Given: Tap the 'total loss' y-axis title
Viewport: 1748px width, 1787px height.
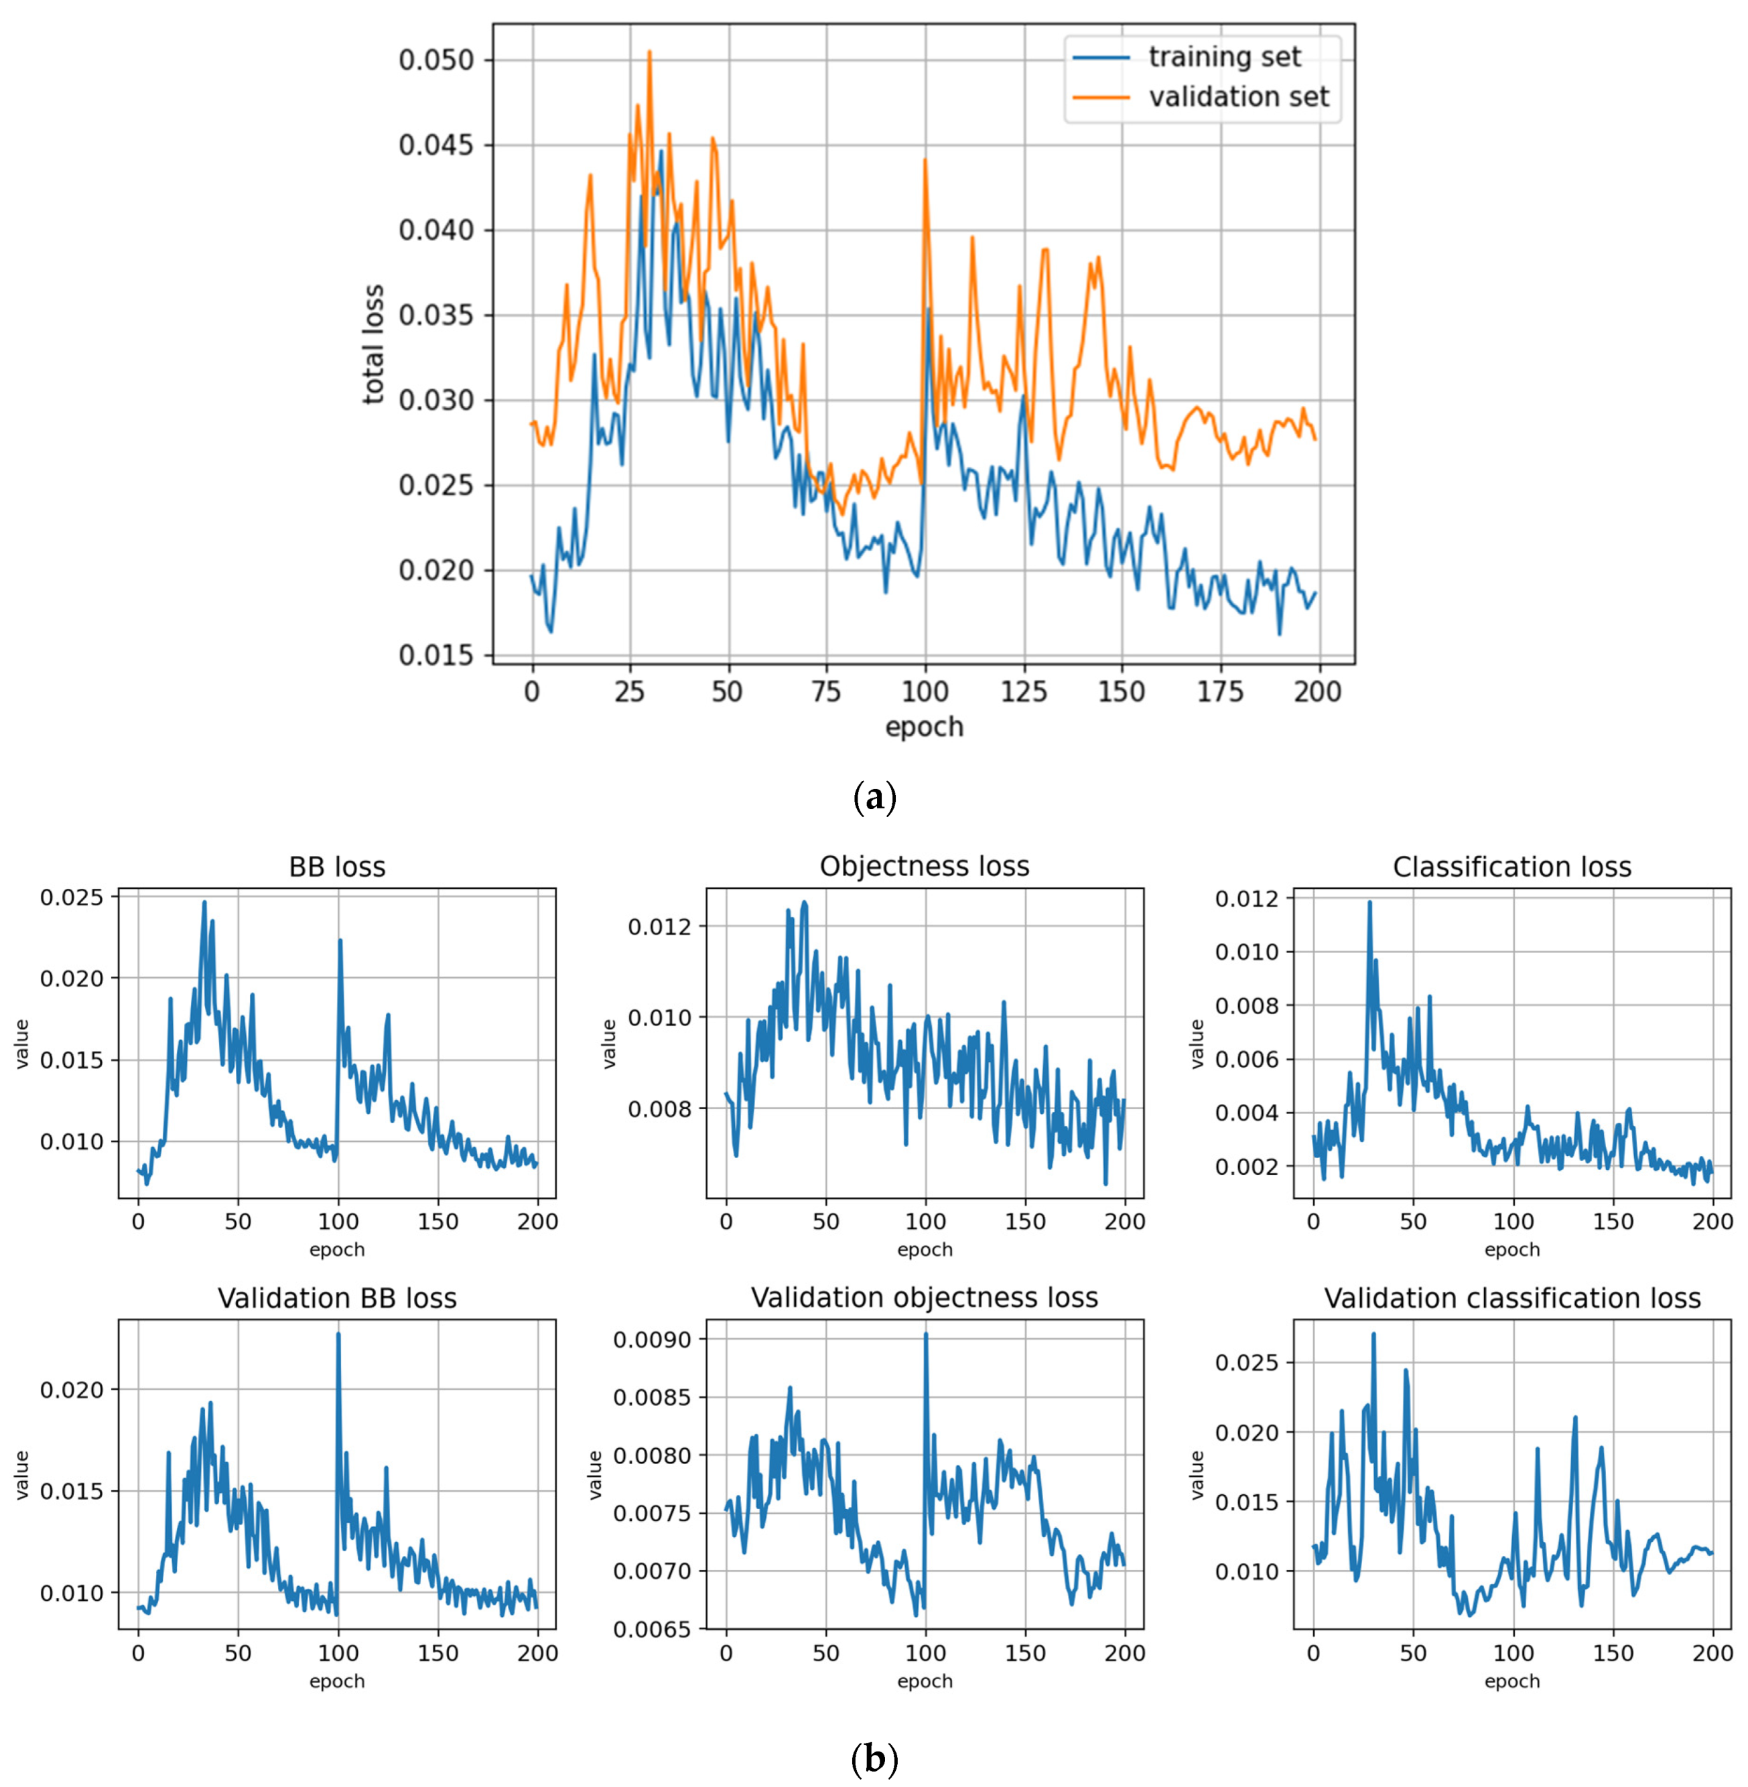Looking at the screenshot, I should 374,344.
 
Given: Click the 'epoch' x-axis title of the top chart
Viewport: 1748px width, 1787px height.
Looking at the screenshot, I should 923,726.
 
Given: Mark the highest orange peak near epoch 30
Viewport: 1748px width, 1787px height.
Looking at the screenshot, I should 649,52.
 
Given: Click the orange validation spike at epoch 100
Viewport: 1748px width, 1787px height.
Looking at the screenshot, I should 925,159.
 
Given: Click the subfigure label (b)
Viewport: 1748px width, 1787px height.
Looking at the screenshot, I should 874,1759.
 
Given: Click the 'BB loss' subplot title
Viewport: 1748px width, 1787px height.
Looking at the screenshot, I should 337,867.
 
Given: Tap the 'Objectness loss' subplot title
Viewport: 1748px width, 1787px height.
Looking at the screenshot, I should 925,867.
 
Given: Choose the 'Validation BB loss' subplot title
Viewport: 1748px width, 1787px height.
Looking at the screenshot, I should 337,1298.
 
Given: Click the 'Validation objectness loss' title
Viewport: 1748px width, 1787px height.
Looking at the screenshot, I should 925,1298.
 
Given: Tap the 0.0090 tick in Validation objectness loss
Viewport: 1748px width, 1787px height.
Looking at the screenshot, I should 652,1339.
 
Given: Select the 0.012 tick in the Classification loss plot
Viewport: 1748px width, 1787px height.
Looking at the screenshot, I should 1247,898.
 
